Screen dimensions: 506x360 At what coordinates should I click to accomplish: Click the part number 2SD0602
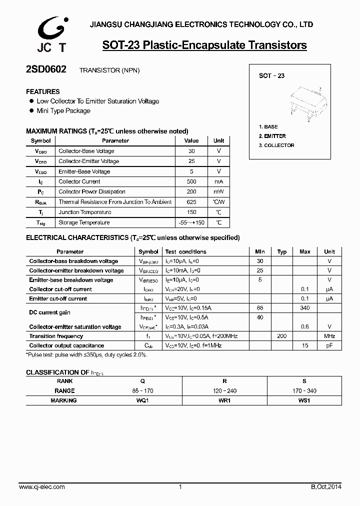pyautogui.click(x=45, y=70)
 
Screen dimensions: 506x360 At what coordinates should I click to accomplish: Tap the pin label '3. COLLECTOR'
pyautogui.click(x=276, y=145)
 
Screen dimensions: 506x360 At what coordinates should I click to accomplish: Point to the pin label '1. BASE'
pyautogui.click(x=268, y=127)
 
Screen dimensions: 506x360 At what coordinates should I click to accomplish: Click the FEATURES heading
pyautogui.click(x=42, y=91)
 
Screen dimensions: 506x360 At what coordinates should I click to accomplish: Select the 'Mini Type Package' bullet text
pyautogui.click(x=63, y=111)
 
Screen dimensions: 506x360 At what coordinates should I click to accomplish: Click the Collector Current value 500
pyautogui.click(x=191, y=181)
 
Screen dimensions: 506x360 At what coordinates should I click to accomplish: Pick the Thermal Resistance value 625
pyautogui.click(x=191, y=202)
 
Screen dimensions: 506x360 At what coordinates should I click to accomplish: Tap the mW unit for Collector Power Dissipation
pyautogui.click(x=218, y=192)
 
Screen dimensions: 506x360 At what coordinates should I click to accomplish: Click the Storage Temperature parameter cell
pyautogui.click(x=84, y=222)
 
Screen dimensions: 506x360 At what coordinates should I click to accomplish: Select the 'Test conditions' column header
pyautogui.click(x=185, y=252)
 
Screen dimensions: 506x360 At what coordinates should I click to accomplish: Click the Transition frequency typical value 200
pyautogui.click(x=281, y=336)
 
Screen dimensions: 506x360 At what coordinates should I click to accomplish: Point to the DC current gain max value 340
pyautogui.click(x=305, y=308)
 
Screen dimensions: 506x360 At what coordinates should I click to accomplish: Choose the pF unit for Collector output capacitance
pyautogui.click(x=329, y=346)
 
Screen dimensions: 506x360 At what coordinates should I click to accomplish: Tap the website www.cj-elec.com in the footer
pyautogui.click(x=41, y=487)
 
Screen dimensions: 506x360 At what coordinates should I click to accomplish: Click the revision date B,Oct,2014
pyautogui.click(x=323, y=487)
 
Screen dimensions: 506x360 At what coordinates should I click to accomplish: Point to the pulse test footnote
pyautogui.click(x=86, y=354)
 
